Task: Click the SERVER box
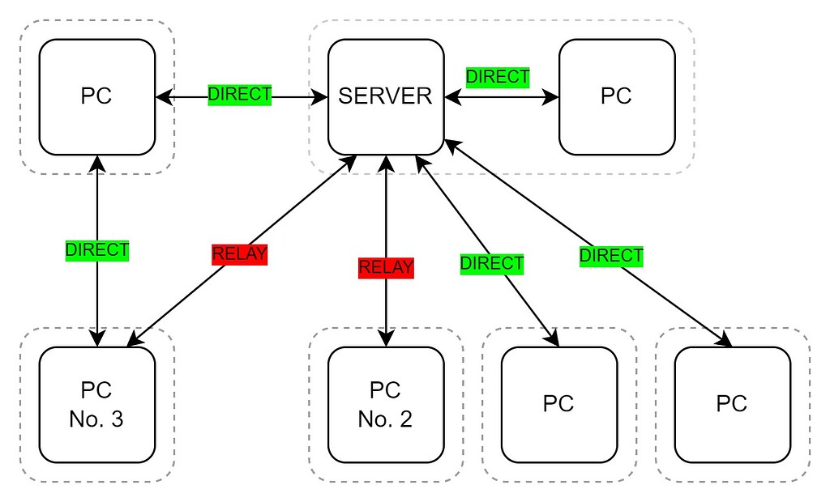385,96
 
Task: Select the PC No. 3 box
96,404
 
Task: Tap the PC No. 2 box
385,404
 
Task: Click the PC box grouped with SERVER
616,96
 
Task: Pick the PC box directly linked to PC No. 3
96,96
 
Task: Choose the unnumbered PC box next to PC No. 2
558,404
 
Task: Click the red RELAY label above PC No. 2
386,267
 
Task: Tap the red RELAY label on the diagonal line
239,254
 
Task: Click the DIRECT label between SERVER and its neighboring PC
498,77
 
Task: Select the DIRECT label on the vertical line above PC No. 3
97,250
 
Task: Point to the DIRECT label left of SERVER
240,94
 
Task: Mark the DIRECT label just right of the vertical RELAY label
492,263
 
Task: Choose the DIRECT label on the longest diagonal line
611,257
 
